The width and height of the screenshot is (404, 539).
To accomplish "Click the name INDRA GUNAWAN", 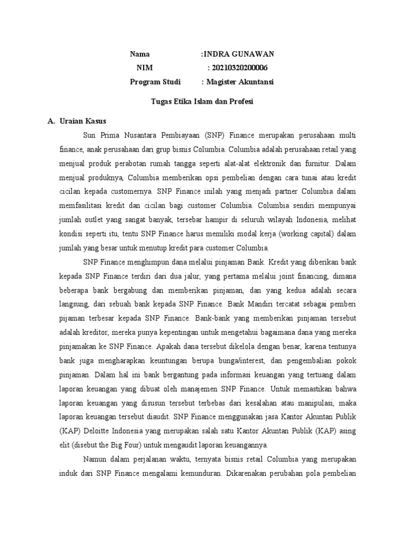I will pyautogui.click(x=239, y=54).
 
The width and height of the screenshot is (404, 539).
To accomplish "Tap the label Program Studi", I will pyautogui.click(x=155, y=82).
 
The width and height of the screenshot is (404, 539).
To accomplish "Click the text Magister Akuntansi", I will pyautogui.click(x=240, y=82).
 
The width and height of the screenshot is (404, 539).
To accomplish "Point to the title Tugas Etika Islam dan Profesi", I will pyautogui.click(x=201, y=102).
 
